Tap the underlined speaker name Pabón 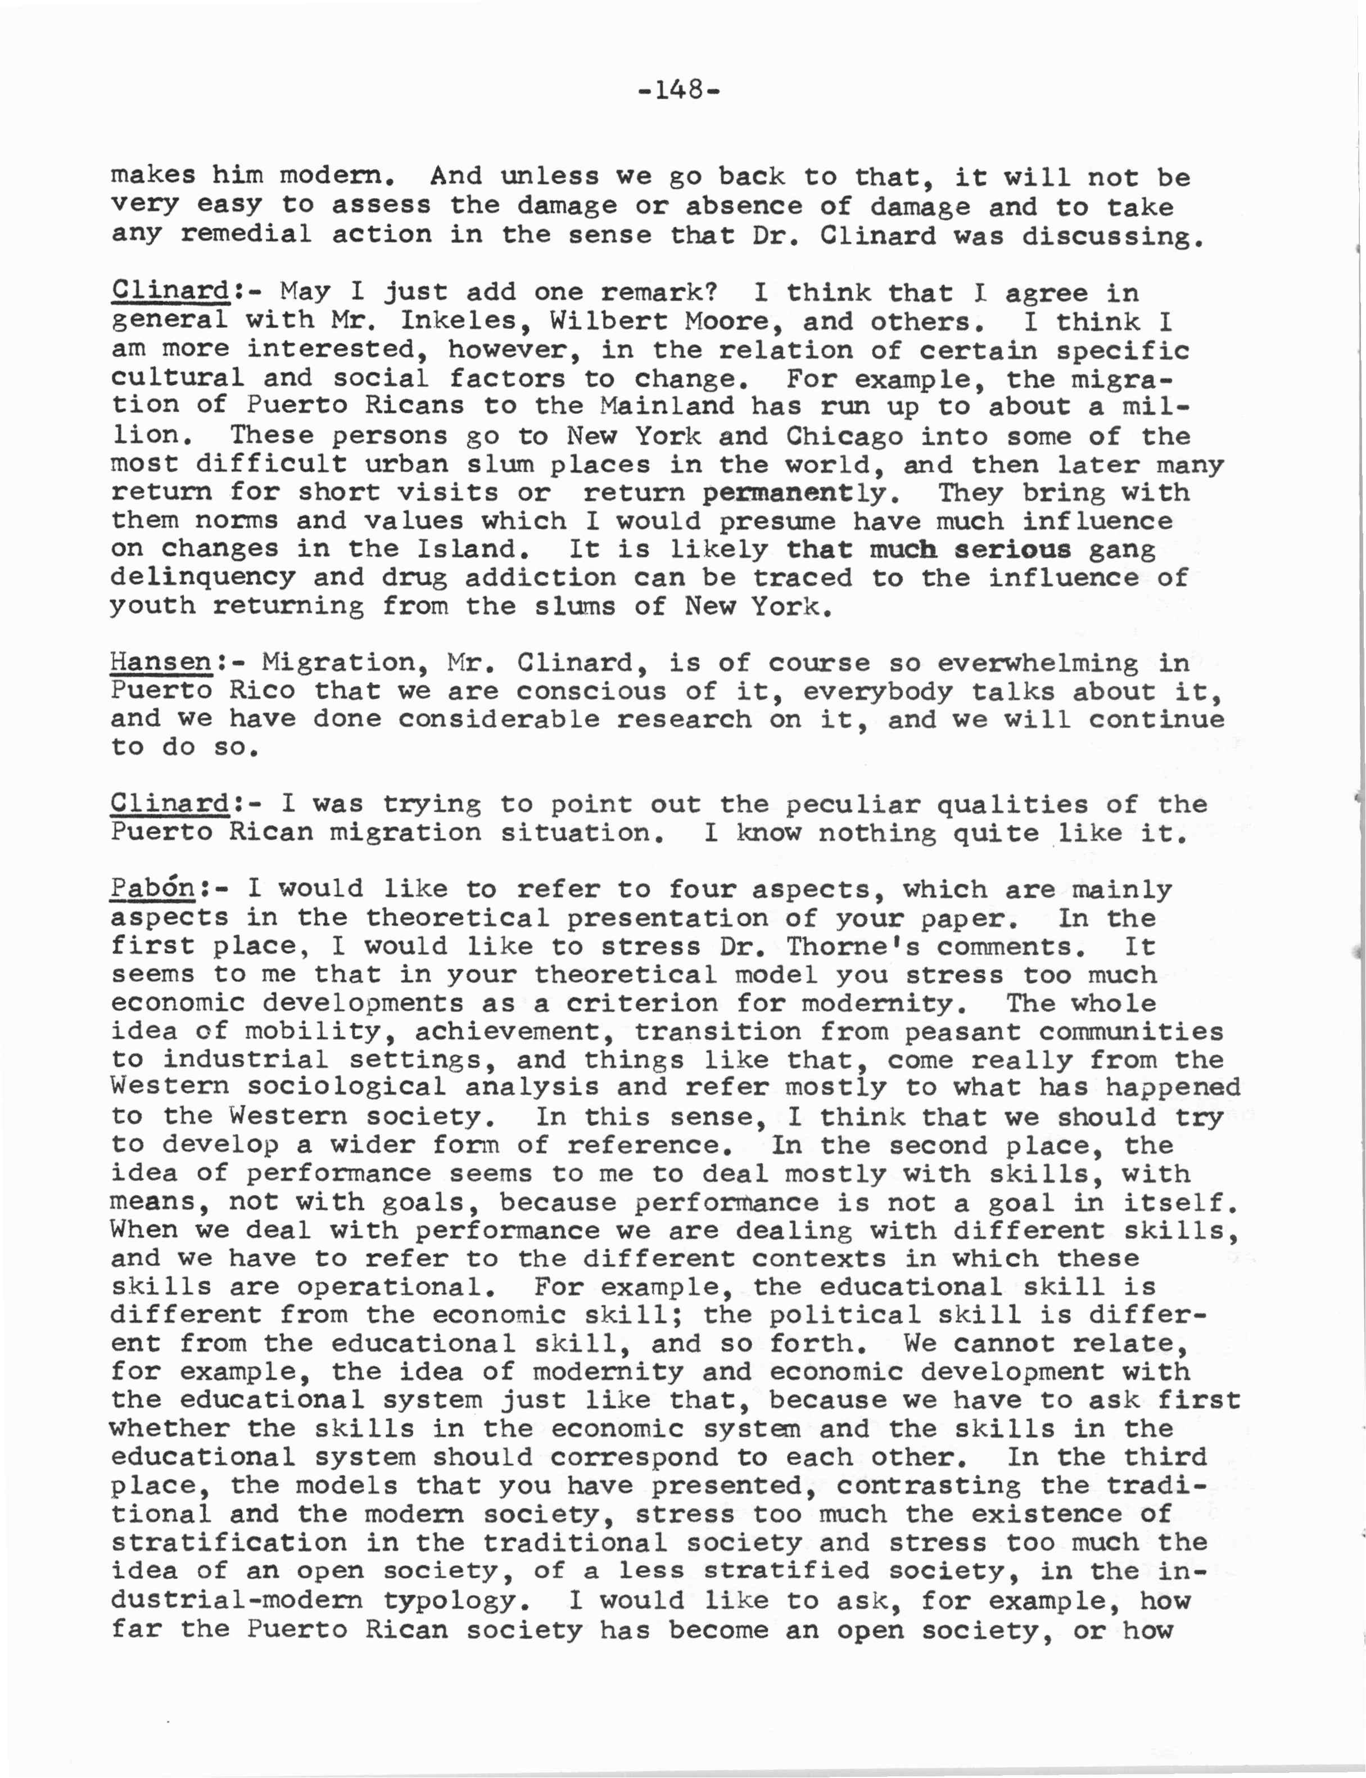153,889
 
